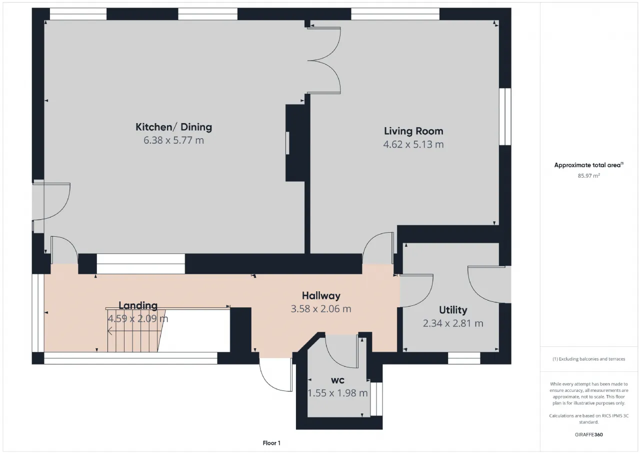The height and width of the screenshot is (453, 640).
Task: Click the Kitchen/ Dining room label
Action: pyautogui.click(x=173, y=127)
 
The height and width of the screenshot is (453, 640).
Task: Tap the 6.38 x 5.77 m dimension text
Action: pyautogui.click(x=173, y=141)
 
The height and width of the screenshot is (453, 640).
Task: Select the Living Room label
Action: pyautogui.click(x=413, y=131)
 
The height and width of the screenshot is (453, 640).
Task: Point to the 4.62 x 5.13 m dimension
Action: pyautogui.click(x=413, y=145)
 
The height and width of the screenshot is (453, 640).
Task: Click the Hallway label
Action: pyautogui.click(x=321, y=296)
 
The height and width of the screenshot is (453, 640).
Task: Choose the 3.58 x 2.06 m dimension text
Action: pyautogui.click(x=321, y=309)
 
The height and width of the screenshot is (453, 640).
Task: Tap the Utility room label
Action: pyautogui.click(x=453, y=310)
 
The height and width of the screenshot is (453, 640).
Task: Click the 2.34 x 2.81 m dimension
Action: pyautogui.click(x=453, y=323)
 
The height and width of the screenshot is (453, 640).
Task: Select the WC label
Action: pyautogui.click(x=337, y=380)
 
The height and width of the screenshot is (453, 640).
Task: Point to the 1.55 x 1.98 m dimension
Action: pyautogui.click(x=337, y=393)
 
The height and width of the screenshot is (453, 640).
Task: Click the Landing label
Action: pyautogui.click(x=138, y=306)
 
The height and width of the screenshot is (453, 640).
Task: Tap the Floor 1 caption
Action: pyautogui.click(x=271, y=443)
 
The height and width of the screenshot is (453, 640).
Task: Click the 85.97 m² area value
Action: pyautogui.click(x=589, y=176)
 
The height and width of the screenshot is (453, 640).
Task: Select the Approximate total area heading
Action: pyautogui.click(x=589, y=165)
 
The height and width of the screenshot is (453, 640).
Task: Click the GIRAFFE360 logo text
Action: pyautogui.click(x=589, y=434)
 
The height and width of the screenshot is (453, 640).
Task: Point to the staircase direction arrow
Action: pyautogui.click(x=134, y=331)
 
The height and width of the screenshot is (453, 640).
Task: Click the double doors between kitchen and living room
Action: pyautogui.click(x=324, y=61)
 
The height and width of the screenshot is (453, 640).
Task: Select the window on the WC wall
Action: pyautogui.click(x=376, y=398)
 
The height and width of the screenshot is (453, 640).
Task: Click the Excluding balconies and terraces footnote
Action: pyautogui.click(x=589, y=359)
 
